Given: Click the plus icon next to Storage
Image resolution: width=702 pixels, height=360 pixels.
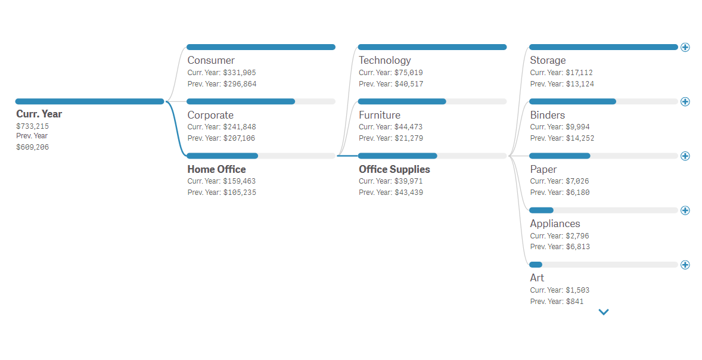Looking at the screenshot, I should pyautogui.click(x=685, y=47).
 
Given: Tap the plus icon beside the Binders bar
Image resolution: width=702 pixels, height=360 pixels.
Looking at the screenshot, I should pyautogui.click(x=685, y=101).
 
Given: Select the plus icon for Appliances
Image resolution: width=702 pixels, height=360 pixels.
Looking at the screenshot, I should pyautogui.click(x=685, y=210).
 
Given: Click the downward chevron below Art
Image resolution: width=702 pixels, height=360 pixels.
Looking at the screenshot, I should pyautogui.click(x=604, y=312).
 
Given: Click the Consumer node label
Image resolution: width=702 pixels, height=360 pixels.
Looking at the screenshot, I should pyautogui.click(x=211, y=60).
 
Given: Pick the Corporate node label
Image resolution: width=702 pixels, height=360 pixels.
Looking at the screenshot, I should pyautogui.click(x=210, y=115).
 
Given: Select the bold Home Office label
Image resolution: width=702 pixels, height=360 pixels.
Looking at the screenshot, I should pyautogui.click(x=216, y=169).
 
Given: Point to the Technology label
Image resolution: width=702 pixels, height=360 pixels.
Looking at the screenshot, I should pyautogui.click(x=384, y=60).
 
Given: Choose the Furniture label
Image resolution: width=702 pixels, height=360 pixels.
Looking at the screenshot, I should pyautogui.click(x=379, y=115).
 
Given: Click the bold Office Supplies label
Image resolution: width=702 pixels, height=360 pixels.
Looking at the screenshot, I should pyautogui.click(x=394, y=169).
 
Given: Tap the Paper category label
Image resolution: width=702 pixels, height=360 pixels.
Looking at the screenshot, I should pyautogui.click(x=543, y=169).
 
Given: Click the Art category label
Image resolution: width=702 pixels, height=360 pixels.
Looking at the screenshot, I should pyautogui.click(x=537, y=278).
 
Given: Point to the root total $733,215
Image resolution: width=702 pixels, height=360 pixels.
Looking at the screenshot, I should pyautogui.click(x=32, y=126).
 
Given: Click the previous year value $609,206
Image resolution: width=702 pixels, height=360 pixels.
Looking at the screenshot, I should pyautogui.click(x=32, y=147).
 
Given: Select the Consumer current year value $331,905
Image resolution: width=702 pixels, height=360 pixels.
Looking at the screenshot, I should pyautogui.click(x=240, y=73).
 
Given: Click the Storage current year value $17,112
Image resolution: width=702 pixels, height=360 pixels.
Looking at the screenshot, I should pyautogui.click(x=579, y=73).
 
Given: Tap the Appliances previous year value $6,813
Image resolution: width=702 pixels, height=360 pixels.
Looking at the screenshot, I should pyautogui.click(x=578, y=247).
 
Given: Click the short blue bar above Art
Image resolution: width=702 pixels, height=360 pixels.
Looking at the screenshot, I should pyautogui.click(x=536, y=265).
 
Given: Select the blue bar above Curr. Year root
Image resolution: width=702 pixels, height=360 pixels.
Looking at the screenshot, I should pyautogui.click(x=89, y=101).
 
